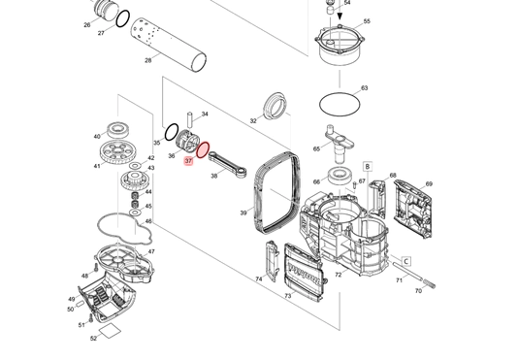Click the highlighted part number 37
188,161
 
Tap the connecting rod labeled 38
228,164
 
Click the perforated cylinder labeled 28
169,45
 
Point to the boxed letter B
368,166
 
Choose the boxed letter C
406,261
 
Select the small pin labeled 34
189,120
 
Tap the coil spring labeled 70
429,283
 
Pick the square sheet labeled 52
110,331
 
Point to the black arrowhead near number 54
340,16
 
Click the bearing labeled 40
117,130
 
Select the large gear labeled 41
118,153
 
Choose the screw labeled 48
96,267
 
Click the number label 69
429,184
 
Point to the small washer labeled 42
135,165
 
